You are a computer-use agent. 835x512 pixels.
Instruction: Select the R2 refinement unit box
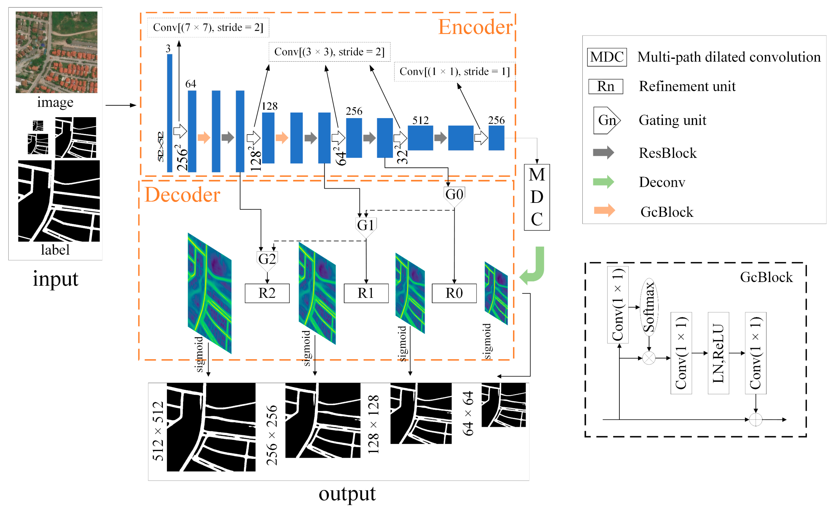point(267,293)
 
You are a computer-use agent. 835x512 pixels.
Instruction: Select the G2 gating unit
point(267,259)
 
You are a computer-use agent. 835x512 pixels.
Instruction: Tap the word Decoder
point(182,195)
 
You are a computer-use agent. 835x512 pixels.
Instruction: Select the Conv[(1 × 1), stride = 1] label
point(454,71)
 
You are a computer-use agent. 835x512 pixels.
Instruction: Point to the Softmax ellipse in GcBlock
point(649,307)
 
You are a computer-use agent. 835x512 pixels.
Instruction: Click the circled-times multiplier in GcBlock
point(649,358)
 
